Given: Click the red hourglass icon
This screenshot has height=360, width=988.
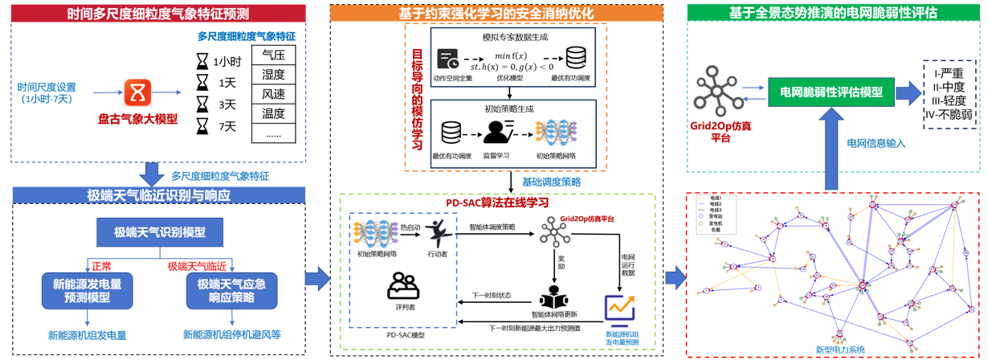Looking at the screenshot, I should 137,92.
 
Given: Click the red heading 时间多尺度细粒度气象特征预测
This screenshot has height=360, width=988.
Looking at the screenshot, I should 158,13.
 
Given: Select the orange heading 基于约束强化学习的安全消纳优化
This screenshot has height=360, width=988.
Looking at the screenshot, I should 497,13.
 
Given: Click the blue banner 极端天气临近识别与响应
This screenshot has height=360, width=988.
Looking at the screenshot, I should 158,195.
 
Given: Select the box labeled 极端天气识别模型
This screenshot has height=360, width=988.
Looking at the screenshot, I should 159,233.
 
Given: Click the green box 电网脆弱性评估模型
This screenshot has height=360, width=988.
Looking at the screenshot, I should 831,92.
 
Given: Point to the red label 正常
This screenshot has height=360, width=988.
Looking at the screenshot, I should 101,264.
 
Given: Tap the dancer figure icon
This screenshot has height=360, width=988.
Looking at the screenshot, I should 439,233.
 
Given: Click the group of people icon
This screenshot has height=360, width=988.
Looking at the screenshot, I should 402,285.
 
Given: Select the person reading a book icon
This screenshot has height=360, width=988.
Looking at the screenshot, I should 553,297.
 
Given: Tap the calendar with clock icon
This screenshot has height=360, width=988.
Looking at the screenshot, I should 447,59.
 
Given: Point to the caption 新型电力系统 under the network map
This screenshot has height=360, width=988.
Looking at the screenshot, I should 839,350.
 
